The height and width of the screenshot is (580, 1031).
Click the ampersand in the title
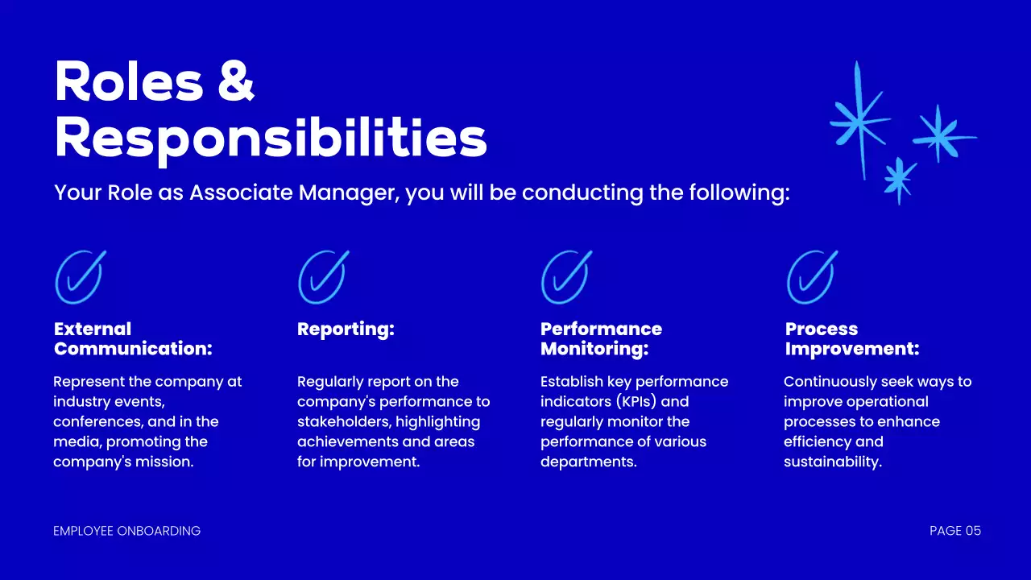coord(236,84)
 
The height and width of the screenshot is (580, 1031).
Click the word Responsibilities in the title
coord(271,139)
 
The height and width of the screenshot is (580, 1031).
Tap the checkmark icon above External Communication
coord(80,276)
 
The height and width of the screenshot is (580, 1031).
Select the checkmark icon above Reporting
coord(323,276)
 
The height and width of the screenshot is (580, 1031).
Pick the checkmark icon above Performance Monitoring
coord(566,276)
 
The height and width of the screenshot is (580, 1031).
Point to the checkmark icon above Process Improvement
coord(811,276)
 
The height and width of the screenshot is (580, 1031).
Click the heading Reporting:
coord(346,329)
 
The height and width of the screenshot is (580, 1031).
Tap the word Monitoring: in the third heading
coord(594,350)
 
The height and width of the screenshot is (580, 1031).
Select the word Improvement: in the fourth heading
coord(852,350)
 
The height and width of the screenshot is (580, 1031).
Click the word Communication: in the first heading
coord(133,350)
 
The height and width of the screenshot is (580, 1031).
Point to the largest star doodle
coord(859,121)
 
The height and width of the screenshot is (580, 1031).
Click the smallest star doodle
coord(900,178)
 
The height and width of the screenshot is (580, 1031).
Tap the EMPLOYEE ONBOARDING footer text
coord(126,531)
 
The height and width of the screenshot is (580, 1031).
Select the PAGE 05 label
coord(955,531)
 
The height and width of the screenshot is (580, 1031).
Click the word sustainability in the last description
coord(832,462)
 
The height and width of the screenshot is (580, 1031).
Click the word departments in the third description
coord(588,462)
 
